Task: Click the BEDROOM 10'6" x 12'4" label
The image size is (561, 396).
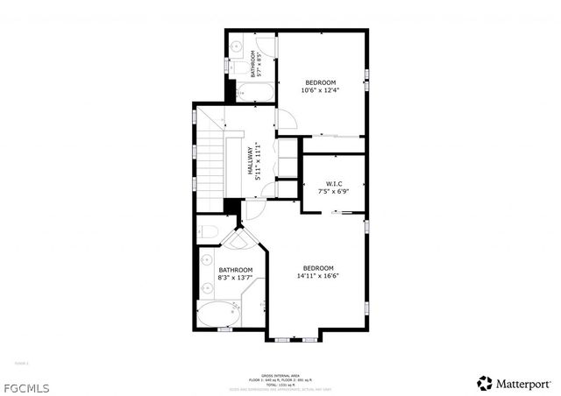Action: click(320, 86)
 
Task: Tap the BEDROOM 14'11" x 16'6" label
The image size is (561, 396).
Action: click(318, 272)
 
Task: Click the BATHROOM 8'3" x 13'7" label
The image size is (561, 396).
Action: click(236, 274)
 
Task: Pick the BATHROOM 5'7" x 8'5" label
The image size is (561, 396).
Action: click(256, 64)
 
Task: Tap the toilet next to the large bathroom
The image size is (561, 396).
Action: click(207, 232)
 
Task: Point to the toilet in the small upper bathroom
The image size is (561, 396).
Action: click(236, 65)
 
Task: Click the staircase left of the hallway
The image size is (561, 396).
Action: click(210, 162)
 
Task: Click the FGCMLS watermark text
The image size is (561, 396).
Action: click(25, 385)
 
